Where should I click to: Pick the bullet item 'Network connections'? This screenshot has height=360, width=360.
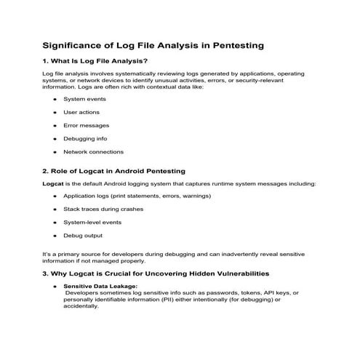tap(94, 152)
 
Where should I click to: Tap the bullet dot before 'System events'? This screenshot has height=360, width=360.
tap(55, 99)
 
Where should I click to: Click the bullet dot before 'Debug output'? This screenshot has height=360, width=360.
tap(55, 236)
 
